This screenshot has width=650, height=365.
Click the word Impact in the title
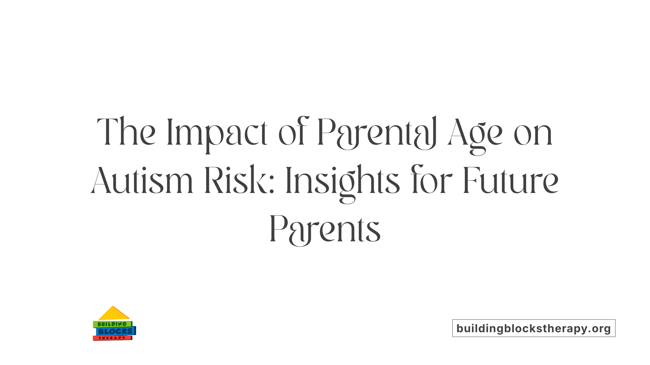tap(217, 132)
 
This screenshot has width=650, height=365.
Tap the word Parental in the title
tap(377, 132)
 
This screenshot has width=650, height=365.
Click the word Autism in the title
tap(142, 181)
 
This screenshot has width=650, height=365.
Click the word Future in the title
tap(511, 181)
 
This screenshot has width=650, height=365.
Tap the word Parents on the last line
tap(325, 230)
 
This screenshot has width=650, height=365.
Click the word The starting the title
tap(126, 132)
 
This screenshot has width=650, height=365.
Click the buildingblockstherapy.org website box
tap(534, 328)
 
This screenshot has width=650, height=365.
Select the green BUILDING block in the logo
tap(112, 324)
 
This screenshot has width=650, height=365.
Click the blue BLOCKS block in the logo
tap(115, 331)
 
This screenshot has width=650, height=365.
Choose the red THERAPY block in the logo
tap(112, 338)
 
